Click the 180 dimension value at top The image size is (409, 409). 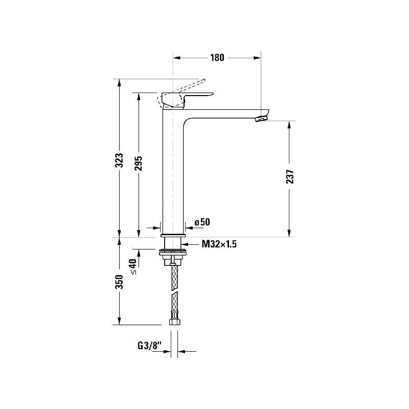coord(217,57)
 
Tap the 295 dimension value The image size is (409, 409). coord(139,163)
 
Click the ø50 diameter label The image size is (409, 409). coord(202,222)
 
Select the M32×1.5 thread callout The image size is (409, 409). coord(219,244)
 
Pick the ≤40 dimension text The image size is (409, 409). coord(133,266)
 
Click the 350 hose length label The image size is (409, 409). coord(119,282)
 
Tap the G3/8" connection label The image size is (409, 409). coord(149,346)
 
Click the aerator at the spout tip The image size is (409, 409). coord(261,119)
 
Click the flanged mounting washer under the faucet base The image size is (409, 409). coord(173,252)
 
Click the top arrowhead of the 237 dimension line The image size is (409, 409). coord(289,124)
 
